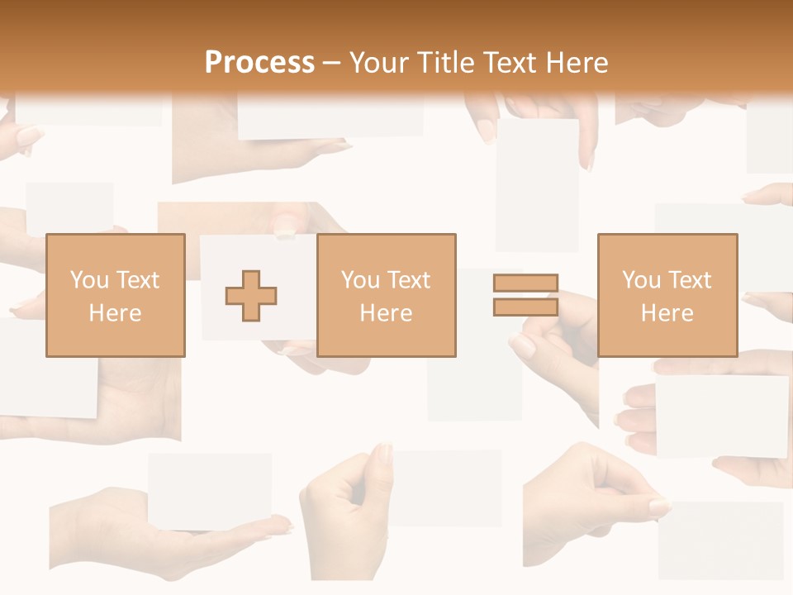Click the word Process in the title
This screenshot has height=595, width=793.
(x=259, y=62)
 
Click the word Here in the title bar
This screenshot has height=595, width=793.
(x=578, y=62)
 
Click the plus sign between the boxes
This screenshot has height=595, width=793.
(x=251, y=296)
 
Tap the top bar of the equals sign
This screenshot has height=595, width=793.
(x=525, y=283)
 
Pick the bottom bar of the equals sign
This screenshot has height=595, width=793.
(x=525, y=307)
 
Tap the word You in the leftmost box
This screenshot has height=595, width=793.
(x=89, y=280)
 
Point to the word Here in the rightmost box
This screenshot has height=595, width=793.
(x=667, y=313)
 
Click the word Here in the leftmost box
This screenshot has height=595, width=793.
(x=116, y=313)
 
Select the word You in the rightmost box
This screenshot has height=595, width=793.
(x=642, y=280)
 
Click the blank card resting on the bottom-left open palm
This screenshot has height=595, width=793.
(x=210, y=491)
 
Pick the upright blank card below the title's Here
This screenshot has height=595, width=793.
(x=537, y=183)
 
